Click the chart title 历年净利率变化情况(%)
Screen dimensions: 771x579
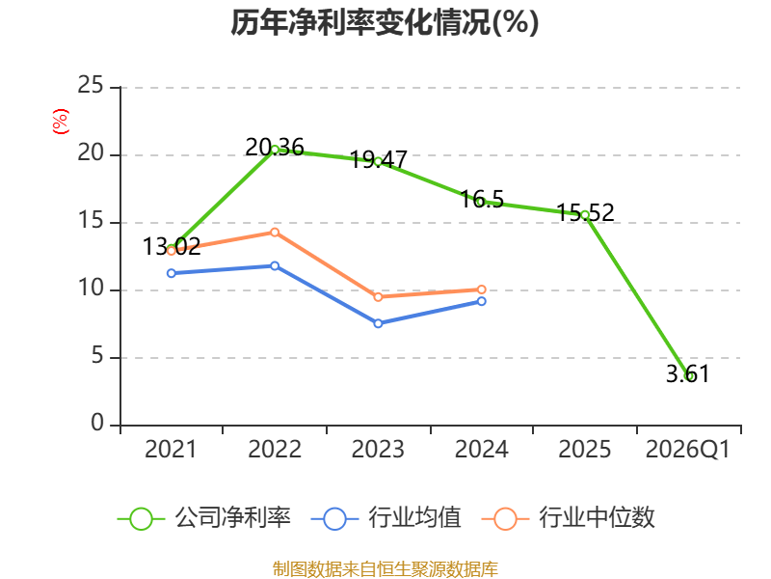[x=385, y=22]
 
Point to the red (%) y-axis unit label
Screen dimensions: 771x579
[x=61, y=122]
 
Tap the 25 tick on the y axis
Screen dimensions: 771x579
[x=91, y=85]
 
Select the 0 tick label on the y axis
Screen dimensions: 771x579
[x=97, y=423]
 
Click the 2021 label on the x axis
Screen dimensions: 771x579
[x=171, y=450]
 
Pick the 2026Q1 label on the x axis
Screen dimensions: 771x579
[x=688, y=450]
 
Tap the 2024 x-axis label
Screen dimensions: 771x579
[x=481, y=450]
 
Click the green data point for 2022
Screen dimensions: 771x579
[x=275, y=150]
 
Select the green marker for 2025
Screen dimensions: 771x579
[x=585, y=215]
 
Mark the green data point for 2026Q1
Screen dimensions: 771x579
[x=689, y=376]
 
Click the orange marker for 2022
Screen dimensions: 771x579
[x=275, y=233]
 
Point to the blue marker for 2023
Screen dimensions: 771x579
[x=378, y=323]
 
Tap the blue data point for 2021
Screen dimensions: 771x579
[x=172, y=273]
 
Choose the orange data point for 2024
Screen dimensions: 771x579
[x=482, y=289]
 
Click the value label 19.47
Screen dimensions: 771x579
[x=378, y=160]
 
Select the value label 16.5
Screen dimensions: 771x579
[x=482, y=200]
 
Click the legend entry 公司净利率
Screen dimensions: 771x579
[x=204, y=518]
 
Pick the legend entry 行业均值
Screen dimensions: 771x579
[x=386, y=518]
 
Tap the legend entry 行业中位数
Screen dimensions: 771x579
[x=569, y=518]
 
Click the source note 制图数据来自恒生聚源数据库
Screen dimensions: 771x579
[x=385, y=569]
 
